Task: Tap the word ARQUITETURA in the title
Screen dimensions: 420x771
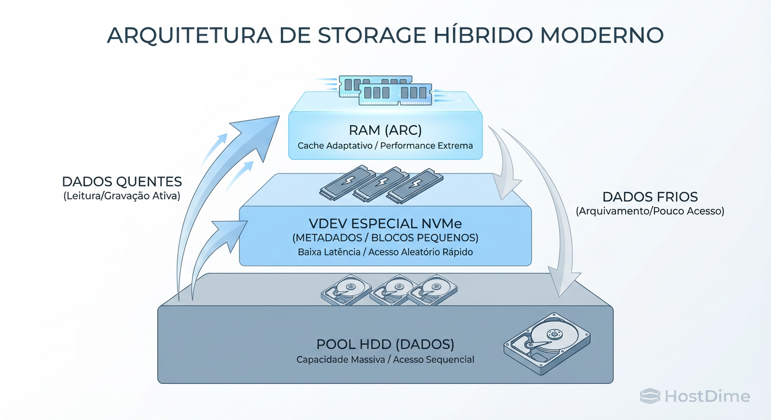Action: pyautogui.click(x=189, y=34)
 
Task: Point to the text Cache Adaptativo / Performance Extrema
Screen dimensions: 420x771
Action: pyautogui.click(x=385, y=146)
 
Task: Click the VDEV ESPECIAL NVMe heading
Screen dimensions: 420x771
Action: pyautogui.click(x=385, y=224)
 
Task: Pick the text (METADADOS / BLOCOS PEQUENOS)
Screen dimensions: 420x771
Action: pyautogui.click(x=385, y=238)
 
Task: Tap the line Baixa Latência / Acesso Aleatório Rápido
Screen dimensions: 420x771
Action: pyautogui.click(x=385, y=252)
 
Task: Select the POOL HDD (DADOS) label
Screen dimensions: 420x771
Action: pyautogui.click(x=385, y=345)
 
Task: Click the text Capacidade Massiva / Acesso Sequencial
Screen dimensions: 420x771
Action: pyautogui.click(x=385, y=359)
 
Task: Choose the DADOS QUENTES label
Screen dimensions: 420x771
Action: pyautogui.click(x=122, y=182)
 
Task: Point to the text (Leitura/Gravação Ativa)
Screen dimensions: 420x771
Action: pyautogui.click(x=122, y=196)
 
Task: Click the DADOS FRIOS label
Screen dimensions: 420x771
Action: pyautogui.click(x=649, y=197)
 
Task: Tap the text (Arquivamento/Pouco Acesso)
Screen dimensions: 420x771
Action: pyautogui.click(x=649, y=211)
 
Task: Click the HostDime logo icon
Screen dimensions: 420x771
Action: pyautogui.click(x=650, y=396)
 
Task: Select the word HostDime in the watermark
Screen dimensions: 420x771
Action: pyautogui.click(x=707, y=396)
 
